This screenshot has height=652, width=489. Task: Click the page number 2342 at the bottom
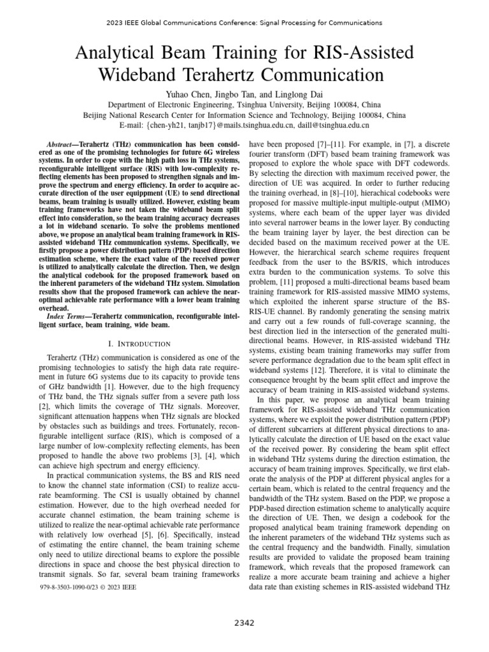244,622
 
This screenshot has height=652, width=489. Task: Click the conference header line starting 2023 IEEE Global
244,23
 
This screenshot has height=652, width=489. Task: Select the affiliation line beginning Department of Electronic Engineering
244,105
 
